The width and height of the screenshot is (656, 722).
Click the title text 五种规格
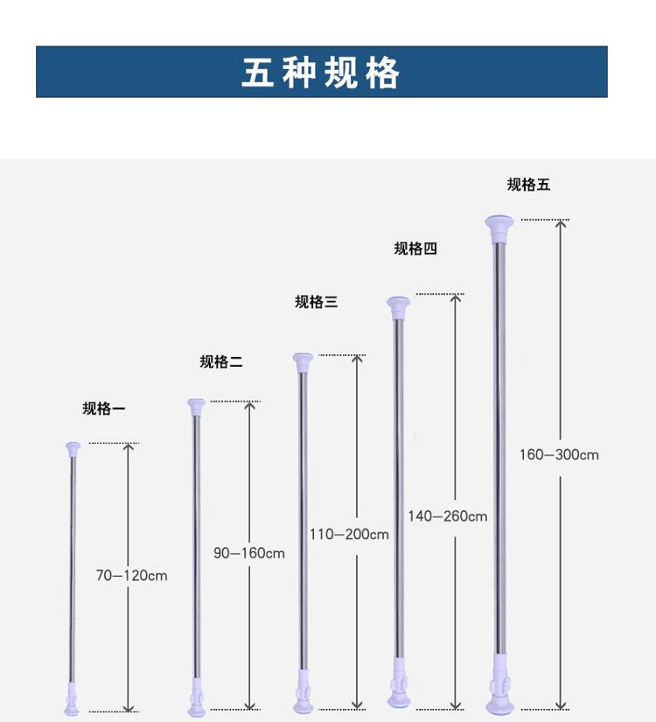click(320, 73)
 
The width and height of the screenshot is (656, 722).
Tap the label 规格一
click(104, 409)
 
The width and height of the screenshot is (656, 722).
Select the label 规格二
click(221, 362)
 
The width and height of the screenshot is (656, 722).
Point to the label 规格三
click(317, 302)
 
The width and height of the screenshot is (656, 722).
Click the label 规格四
click(415, 249)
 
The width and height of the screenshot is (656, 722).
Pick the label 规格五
click(528, 185)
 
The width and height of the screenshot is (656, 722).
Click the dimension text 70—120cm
click(132, 576)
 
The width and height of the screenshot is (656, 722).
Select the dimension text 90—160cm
click(249, 553)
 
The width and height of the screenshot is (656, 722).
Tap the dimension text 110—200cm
click(349, 535)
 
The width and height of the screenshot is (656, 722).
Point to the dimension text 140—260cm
click(448, 516)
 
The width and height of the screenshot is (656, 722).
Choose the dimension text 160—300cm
click(559, 455)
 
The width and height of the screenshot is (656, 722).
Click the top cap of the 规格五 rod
click(499, 228)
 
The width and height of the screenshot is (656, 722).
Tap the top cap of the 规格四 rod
click(398, 308)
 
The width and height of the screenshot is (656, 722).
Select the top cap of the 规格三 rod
click(303, 363)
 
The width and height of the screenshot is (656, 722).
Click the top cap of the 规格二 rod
click(196, 408)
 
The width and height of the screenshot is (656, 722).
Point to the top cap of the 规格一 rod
click(73, 450)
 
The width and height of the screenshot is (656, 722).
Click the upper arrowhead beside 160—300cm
click(561, 224)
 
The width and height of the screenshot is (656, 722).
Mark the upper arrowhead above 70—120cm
click(129, 447)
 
